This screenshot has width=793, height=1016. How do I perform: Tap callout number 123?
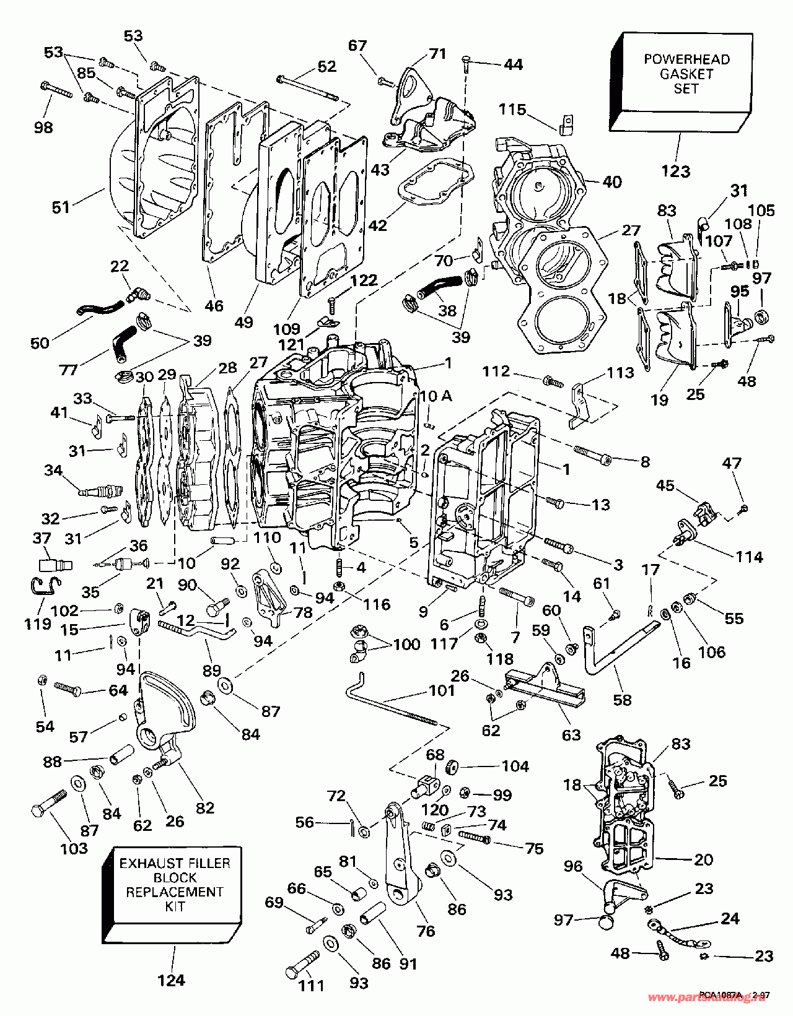[676, 172]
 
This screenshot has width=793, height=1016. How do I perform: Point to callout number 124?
[171, 980]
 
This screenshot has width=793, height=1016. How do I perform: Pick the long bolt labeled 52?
[307, 87]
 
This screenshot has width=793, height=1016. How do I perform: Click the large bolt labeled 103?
[48, 803]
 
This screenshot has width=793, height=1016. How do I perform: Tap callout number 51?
[61, 207]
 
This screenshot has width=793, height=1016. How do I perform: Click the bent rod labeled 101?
[390, 700]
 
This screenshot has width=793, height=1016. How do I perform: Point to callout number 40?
[612, 182]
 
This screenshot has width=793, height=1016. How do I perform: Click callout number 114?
[748, 557]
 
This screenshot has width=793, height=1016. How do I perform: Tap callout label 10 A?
[436, 396]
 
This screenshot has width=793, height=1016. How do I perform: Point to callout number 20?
[704, 859]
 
